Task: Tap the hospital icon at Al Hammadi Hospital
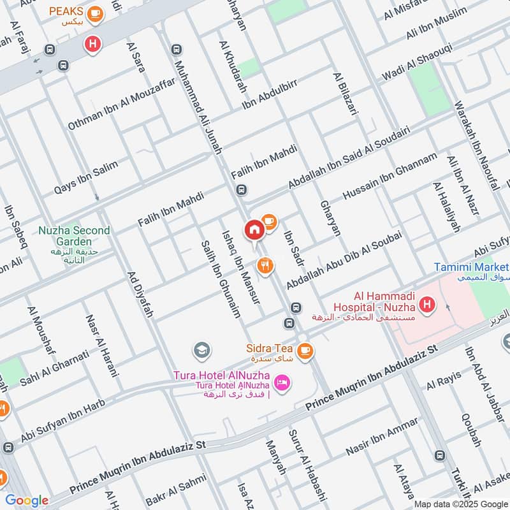(x=427, y=305)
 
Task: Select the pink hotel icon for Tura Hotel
(x=281, y=383)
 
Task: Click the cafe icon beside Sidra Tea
(x=305, y=349)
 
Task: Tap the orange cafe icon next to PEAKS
(x=95, y=13)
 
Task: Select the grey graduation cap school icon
(x=201, y=350)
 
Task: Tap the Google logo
(x=27, y=500)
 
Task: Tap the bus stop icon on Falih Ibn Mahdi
(x=241, y=189)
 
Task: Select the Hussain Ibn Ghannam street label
(x=390, y=177)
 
